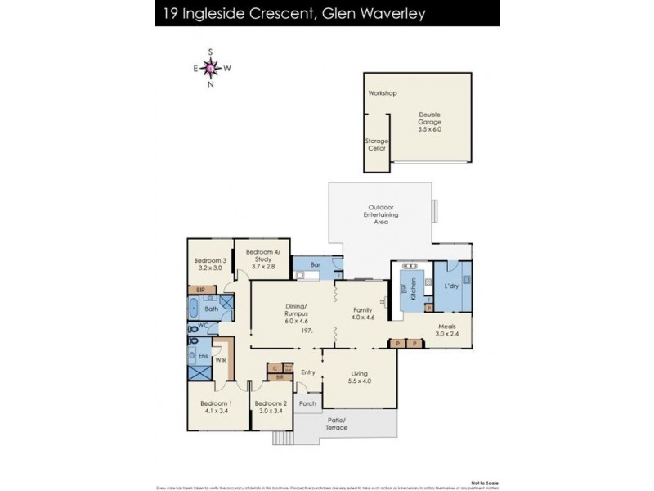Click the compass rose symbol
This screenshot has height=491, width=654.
tap(211, 69)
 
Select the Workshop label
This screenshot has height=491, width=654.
tap(382, 93)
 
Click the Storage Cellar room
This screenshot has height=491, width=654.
tap(376, 146)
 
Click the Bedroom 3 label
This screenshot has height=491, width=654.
tap(209, 261)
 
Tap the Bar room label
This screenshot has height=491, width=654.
tap(316, 264)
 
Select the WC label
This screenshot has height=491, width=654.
tap(204, 327)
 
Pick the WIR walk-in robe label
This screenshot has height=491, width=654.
tap(221, 359)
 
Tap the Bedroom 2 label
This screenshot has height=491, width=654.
tap(271, 403)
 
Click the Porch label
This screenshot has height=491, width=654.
tap(307, 403)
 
